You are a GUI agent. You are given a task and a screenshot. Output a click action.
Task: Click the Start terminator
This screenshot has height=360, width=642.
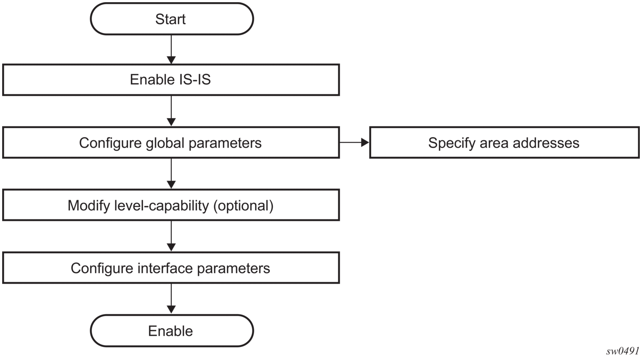pyautogui.click(x=172, y=19)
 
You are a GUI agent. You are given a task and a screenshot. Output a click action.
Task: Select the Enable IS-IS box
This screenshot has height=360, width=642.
pyautogui.click(x=171, y=80)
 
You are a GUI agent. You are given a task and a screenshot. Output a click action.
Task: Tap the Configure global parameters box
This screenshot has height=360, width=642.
pyautogui.click(x=171, y=143)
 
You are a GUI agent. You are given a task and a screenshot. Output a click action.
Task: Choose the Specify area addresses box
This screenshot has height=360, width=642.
pyautogui.click(x=504, y=143)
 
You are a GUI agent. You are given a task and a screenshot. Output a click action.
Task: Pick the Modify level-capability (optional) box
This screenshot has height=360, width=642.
pyautogui.click(x=171, y=205)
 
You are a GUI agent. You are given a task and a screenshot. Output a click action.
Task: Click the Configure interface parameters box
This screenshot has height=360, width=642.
pyautogui.click(x=171, y=268)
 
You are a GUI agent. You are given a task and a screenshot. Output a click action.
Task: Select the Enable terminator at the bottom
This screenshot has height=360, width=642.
pyautogui.click(x=172, y=331)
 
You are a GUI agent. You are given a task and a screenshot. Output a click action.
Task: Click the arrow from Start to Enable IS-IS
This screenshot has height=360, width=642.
pyautogui.click(x=171, y=50)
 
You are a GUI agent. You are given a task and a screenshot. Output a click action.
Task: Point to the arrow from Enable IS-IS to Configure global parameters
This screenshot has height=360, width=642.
pyautogui.click(x=171, y=111)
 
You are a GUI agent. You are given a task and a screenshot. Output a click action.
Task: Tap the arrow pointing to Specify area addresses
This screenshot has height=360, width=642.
pyautogui.click(x=354, y=142)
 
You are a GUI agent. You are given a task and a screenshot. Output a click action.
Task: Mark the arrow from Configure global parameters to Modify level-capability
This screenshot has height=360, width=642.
pyautogui.click(x=171, y=174)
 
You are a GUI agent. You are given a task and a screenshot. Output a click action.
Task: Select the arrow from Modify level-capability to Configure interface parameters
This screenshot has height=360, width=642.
pyautogui.click(x=171, y=236)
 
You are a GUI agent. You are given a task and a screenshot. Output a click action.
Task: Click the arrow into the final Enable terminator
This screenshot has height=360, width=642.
pyautogui.click(x=171, y=299)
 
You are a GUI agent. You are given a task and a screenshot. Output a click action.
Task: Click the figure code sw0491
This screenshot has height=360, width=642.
pyautogui.click(x=622, y=351)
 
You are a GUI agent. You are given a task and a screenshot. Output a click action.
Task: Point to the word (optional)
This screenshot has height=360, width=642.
pyautogui.click(x=244, y=206)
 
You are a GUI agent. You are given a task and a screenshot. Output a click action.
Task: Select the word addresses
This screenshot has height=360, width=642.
pyautogui.click(x=546, y=143)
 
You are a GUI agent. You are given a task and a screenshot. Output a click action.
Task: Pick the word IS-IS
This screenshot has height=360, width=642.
pyautogui.click(x=195, y=79)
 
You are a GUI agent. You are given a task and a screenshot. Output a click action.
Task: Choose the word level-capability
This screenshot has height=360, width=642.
pyautogui.click(x=162, y=206)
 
